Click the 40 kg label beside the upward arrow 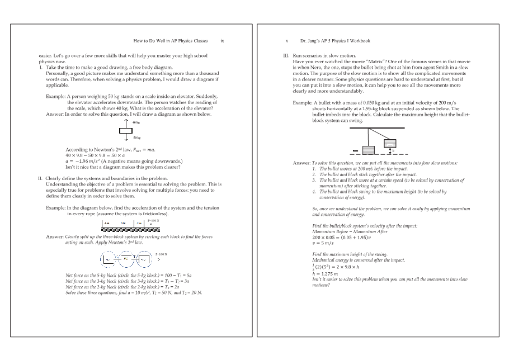click(x=136, y=121)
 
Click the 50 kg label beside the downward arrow click(x=136, y=137)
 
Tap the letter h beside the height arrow click(x=393, y=150)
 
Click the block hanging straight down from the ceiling click(x=368, y=150)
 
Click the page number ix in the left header click(x=223, y=41)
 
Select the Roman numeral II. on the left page click(x=40, y=178)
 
